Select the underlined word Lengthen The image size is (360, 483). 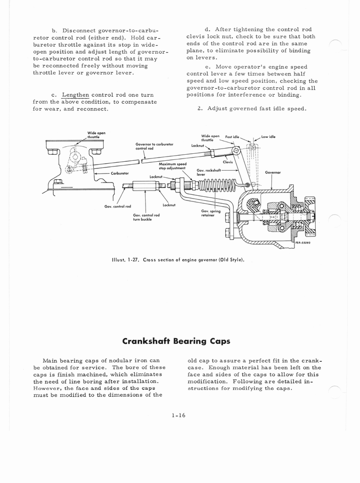[75, 95]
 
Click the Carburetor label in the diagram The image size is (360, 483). [120, 173]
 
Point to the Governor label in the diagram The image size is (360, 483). [273, 172]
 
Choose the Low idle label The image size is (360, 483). [268, 137]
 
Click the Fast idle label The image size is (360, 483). [232, 136]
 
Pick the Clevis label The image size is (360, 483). [228, 162]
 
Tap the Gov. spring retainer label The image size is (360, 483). [208, 213]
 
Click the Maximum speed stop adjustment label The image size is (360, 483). [172, 166]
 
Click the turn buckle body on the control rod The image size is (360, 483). [146, 185]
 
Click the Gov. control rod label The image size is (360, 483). [118, 206]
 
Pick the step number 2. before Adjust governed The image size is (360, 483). [200, 109]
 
